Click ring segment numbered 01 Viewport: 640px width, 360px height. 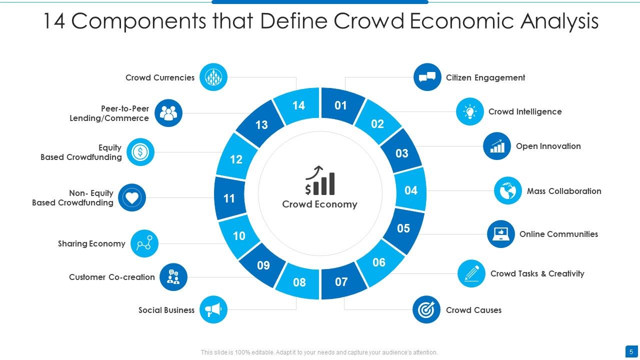341,105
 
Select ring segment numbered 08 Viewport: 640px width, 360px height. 299,282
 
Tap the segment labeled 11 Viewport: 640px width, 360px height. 229,198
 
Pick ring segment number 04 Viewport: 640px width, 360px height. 411,190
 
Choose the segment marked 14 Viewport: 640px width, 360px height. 298,105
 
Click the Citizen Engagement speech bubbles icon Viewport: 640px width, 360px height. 427,77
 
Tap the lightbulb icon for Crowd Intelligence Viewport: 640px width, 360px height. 470,111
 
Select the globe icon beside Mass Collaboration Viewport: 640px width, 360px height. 508,190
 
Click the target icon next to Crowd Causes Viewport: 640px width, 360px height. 426,309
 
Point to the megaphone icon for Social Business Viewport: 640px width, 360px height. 213,309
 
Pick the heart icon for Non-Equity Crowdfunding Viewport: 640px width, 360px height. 132,197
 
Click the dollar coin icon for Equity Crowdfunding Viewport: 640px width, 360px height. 140,152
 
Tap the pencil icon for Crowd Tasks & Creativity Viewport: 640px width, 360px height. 471,273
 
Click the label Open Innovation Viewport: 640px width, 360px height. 548,146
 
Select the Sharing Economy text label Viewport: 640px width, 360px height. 91,243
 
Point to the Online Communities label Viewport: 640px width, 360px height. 558,234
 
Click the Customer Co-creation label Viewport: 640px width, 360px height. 112,277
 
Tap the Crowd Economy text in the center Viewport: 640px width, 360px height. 320,204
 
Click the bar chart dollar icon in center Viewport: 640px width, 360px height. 320,181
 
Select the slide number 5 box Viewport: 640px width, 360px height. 631,351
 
